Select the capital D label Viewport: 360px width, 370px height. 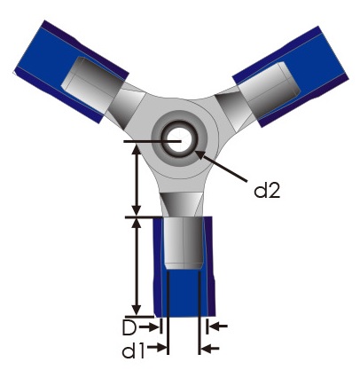tap(129, 327)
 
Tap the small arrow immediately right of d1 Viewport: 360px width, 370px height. tap(160, 348)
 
